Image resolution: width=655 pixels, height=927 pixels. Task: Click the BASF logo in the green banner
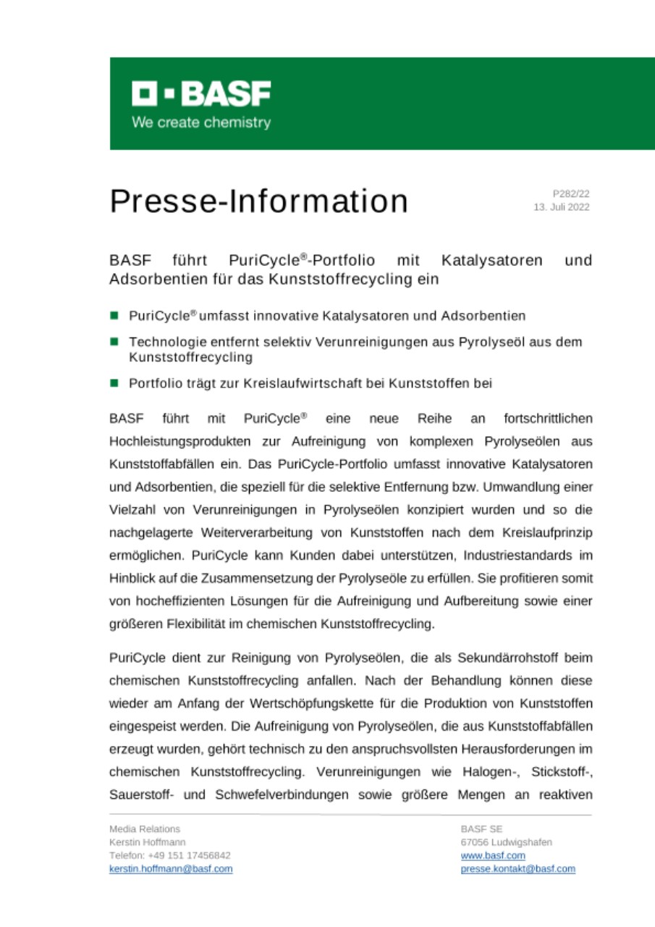click(x=201, y=93)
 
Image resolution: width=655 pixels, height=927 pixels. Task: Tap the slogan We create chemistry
click(x=201, y=122)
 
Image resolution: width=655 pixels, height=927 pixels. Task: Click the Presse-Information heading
click(x=258, y=201)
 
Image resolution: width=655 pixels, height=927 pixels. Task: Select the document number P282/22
click(x=571, y=193)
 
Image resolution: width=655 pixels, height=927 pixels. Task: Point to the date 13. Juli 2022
click(x=562, y=207)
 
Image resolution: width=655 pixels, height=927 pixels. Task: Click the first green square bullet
click(x=114, y=316)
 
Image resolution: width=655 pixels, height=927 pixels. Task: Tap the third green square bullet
click(x=114, y=383)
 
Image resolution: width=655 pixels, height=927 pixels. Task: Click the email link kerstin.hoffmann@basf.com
click(x=171, y=868)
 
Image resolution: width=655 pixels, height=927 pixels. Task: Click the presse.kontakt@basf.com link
click(x=517, y=868)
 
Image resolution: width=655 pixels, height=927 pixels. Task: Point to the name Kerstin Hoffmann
click(x=147, y=842)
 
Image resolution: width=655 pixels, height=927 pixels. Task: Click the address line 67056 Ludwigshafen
click(x=506, y=842)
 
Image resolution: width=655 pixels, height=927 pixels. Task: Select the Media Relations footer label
click(x=145, y=829)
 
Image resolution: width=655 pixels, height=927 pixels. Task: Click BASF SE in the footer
click(x=481, y=829)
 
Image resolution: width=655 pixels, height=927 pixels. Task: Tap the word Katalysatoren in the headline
click(x=494, y=260)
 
